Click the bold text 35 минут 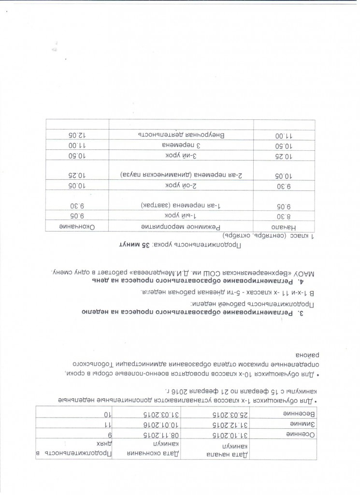pyautogui.click(x=133, y=245)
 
